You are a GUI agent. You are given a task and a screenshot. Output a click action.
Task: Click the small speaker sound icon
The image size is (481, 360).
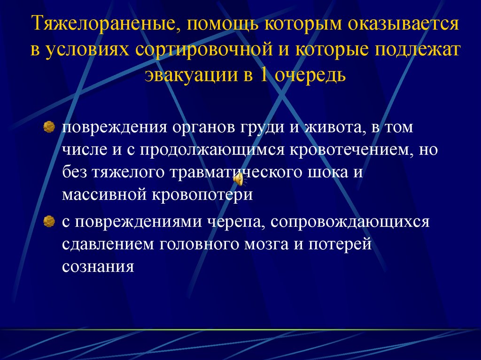[x=239, y=179]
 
